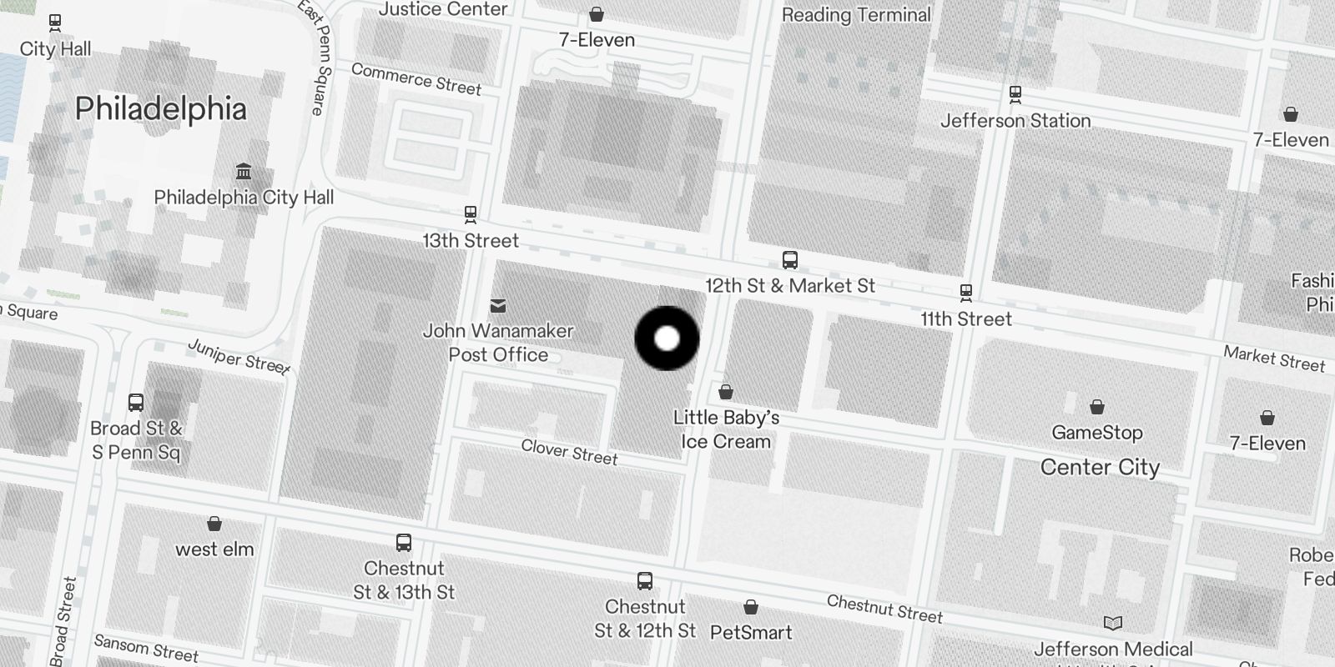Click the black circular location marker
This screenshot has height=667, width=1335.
point(667,339)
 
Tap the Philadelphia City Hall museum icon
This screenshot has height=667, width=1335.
point(244,172)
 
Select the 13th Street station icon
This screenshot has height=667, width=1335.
point(471,215)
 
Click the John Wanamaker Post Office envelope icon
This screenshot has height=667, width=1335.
point(498,306)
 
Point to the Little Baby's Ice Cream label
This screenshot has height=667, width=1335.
point(726,429)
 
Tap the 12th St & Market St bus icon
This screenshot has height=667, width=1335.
point(790,260)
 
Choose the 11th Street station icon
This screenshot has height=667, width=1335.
point(965,293)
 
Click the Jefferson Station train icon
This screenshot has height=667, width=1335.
point(1015,95)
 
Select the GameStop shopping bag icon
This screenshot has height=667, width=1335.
point(1097,407)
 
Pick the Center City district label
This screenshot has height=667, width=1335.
point(1100,467)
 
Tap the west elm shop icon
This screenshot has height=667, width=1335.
point(214,524)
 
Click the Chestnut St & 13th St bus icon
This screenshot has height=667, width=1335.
point(404,544)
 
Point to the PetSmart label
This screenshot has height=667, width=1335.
point(751,633)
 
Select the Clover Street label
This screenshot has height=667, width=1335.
point(569,452)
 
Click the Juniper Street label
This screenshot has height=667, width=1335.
point(239,357)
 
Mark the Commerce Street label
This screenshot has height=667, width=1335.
point(416,79)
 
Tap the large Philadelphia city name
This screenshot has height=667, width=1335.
point(161,109)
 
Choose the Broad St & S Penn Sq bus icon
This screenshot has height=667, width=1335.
point(136,403)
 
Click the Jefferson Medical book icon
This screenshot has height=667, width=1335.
point(1113,624)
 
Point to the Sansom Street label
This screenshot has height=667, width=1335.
point(146,648)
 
